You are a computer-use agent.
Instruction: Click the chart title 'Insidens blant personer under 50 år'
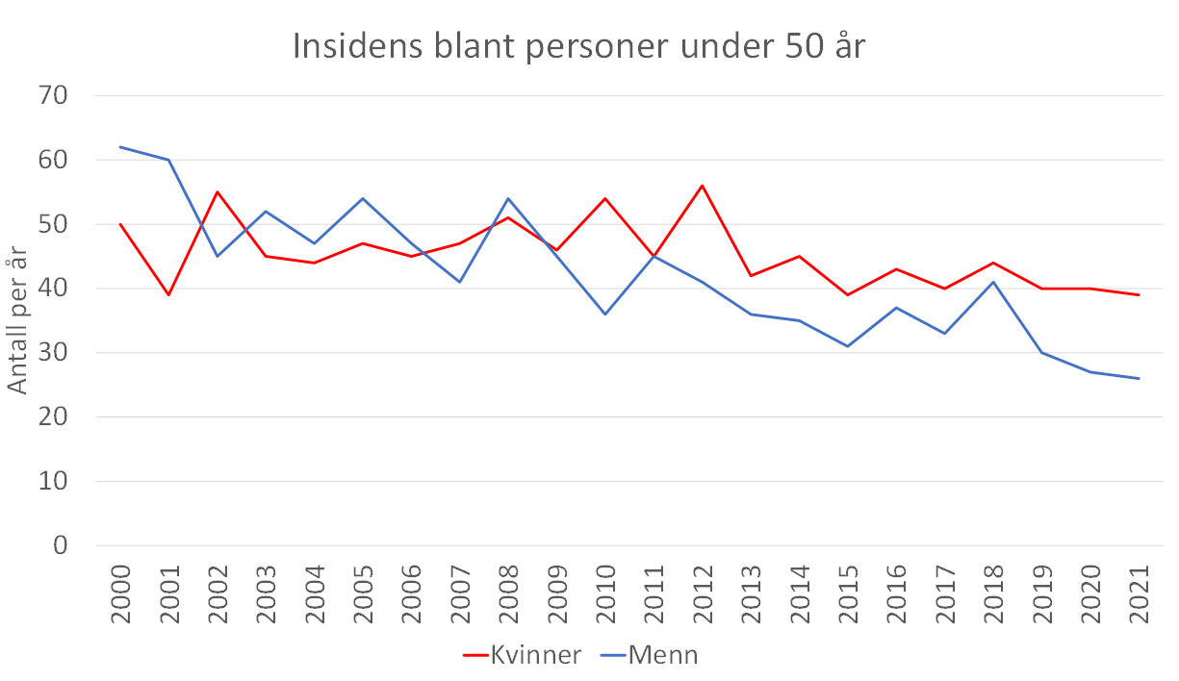(579, 47)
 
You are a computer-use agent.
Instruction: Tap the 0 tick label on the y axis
(60, 546)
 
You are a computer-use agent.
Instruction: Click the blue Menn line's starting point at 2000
(120, 147)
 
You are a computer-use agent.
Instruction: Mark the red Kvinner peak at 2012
(703, 186)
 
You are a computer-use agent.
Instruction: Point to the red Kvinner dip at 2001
(169, 295)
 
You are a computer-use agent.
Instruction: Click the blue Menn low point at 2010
(605, 315)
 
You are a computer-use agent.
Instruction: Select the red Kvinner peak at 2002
(218, 192)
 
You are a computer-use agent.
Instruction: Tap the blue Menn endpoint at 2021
(1139, 378)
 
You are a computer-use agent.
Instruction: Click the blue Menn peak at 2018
(993, 282)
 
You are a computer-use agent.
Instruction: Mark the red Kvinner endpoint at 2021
(1139, 295)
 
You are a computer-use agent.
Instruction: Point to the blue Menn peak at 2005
(363, 198)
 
